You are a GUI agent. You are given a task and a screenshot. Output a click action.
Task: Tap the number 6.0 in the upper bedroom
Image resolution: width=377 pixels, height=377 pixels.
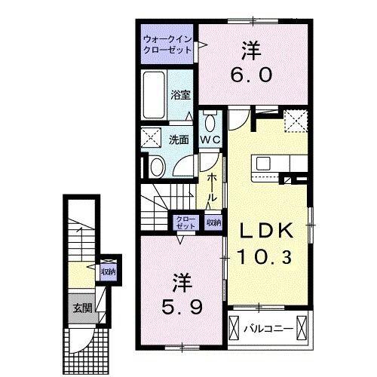[x=251, y=75]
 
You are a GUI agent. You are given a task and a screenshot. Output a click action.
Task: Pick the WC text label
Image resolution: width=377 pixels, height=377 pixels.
[x=209, y=139]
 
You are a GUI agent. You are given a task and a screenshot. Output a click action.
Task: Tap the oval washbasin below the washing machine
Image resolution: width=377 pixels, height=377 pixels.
[x=158, y=167]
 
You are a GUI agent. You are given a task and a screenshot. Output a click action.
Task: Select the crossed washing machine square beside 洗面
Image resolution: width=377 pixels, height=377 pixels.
[x=153, y=139]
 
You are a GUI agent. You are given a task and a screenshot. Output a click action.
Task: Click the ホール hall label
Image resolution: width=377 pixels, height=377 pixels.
[x=214, y=185]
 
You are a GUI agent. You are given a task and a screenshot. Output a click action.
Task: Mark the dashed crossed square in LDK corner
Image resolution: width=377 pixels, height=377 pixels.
[x=295, y=119]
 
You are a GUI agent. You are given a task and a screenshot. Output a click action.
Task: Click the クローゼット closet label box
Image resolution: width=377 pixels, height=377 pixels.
[x=185, y=223]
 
